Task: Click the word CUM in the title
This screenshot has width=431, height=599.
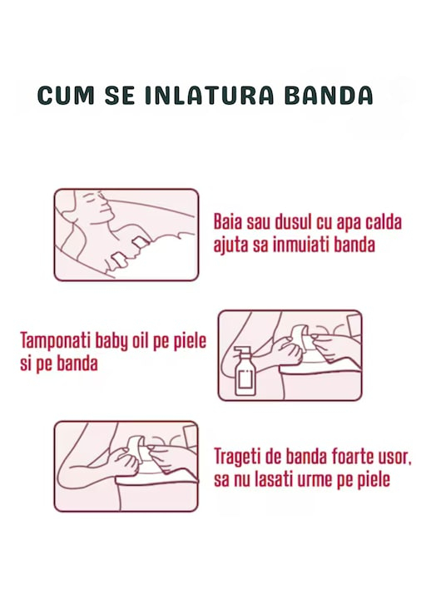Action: click(66, 96)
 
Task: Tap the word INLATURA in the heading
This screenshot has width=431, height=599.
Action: click(210, 96)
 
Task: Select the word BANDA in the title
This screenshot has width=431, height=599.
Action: click(329, 96)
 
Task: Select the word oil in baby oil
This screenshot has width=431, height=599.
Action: click(141, 340)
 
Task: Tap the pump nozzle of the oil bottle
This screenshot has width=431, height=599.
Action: click(240, 349)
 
